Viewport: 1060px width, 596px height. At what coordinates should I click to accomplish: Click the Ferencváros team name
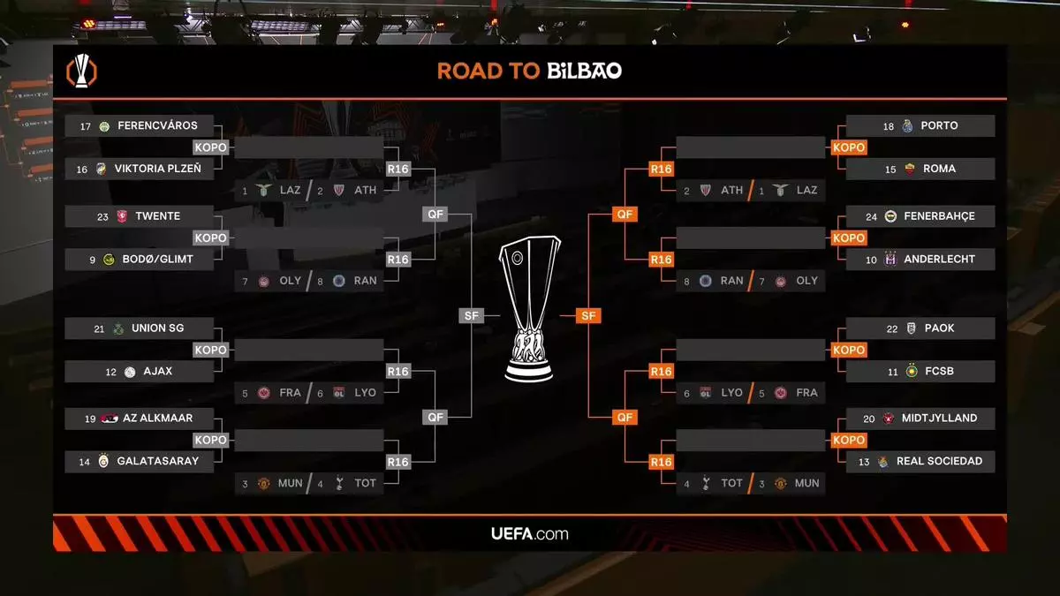(157, 126)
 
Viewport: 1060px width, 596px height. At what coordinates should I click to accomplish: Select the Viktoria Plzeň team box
(140, 169)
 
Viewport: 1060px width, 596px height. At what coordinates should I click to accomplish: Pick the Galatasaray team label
(157, 461)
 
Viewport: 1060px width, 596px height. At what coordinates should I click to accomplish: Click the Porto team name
(939, 126)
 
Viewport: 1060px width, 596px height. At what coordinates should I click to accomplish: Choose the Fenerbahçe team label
(938, 216)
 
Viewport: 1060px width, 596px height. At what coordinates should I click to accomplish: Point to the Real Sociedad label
(939, 461)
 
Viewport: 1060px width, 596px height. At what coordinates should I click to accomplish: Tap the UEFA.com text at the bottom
(530, 533)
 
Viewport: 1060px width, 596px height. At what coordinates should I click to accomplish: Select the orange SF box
(588, 315)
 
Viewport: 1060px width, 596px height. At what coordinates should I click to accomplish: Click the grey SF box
(472, 315)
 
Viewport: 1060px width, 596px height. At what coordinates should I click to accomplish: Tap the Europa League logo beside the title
(82, 72)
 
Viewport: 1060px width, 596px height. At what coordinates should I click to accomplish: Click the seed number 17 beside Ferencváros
(86, 126)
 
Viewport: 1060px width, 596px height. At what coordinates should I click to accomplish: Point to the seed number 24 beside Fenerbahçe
(872, 216)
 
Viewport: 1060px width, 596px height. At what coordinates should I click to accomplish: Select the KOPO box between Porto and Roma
(849, 147)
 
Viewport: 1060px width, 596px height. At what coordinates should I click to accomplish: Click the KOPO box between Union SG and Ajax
(211, 350)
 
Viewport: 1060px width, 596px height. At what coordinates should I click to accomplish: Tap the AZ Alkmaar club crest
(110, 419)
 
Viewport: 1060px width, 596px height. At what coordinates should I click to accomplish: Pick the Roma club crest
(910, 169)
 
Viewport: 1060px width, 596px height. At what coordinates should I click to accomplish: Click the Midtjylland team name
(939, 419)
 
